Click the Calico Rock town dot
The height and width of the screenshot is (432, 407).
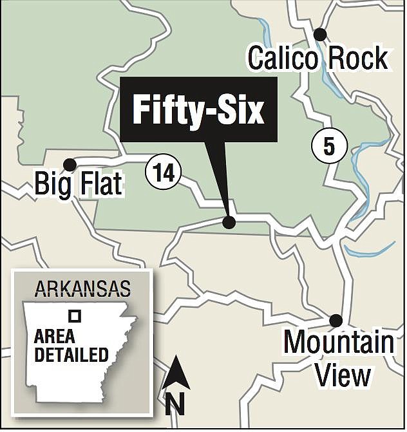click(320, 34)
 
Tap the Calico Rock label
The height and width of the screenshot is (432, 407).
click(317, 59)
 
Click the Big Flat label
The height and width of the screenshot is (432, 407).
click(78, 185)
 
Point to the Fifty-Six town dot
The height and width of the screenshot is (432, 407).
click(229, 222)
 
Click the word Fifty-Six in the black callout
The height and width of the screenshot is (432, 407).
click(198, 111)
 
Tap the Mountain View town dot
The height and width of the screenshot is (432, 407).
click(335, 320)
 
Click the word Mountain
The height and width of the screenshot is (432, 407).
click(339, 343)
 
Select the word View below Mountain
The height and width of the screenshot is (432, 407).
click(343, 375)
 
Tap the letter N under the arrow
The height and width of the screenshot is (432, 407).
click(175, 404)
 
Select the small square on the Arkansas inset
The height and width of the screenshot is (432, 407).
click(75, 316)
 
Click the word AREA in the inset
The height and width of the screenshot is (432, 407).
click(55, 337)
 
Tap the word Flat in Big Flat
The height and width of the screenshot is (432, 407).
click(99, 185)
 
